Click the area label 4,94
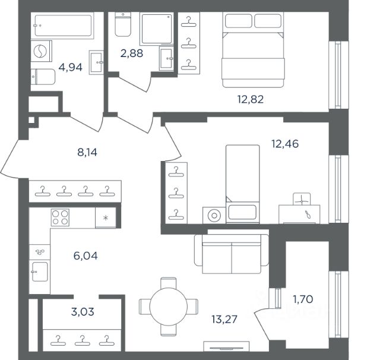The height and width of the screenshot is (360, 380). pos(70,67)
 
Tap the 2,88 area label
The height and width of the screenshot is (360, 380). pos(132,53)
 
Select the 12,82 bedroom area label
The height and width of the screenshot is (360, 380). pos(251,99)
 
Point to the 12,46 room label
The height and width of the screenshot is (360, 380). pos(285,144)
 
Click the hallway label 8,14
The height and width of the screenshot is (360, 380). pos(87,152)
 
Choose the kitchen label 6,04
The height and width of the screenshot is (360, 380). pos(85,256)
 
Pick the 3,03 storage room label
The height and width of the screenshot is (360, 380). pos(83,312)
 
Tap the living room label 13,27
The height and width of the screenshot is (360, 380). pos(224,319)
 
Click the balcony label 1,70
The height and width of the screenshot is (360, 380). pos(303,299)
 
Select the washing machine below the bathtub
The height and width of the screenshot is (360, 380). pos(41,52)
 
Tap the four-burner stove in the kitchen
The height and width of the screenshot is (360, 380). pos(60,217)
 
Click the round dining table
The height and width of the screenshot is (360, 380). pos(169,307)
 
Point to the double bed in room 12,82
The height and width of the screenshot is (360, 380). pos(253,50)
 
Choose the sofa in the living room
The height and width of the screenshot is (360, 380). pos(232,254)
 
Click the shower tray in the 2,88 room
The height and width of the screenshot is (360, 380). pos(157,29)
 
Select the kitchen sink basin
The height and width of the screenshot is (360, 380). pos(40,271)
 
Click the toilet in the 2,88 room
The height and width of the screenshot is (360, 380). pos(123,24)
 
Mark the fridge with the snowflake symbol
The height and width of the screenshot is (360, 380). pos(106,217)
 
